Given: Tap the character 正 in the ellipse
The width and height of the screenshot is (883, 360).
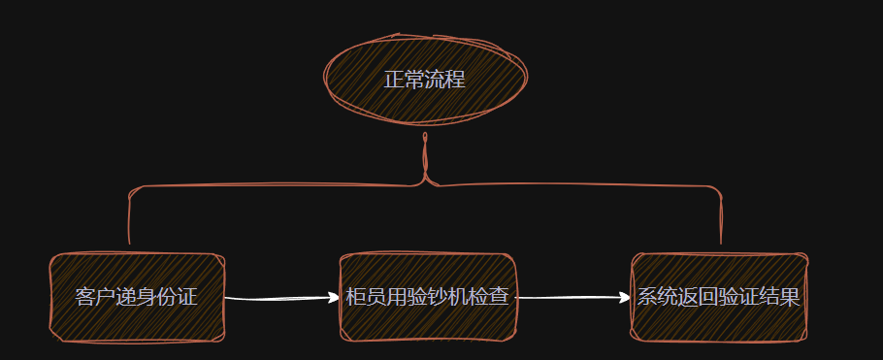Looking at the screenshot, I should pos(393,80).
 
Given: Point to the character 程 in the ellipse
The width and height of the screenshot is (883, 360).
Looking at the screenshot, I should pos(455,80).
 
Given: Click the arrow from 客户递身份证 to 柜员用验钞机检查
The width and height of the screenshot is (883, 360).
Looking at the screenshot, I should pos(281,299).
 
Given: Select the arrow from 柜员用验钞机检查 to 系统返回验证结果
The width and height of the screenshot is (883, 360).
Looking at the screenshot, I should pos(572,298).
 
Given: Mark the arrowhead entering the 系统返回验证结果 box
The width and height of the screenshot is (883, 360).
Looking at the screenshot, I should pos(626,298).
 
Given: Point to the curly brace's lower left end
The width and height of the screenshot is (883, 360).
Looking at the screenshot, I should pos(129,242).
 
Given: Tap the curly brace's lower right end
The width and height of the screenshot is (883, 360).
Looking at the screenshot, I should pos(721,242).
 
